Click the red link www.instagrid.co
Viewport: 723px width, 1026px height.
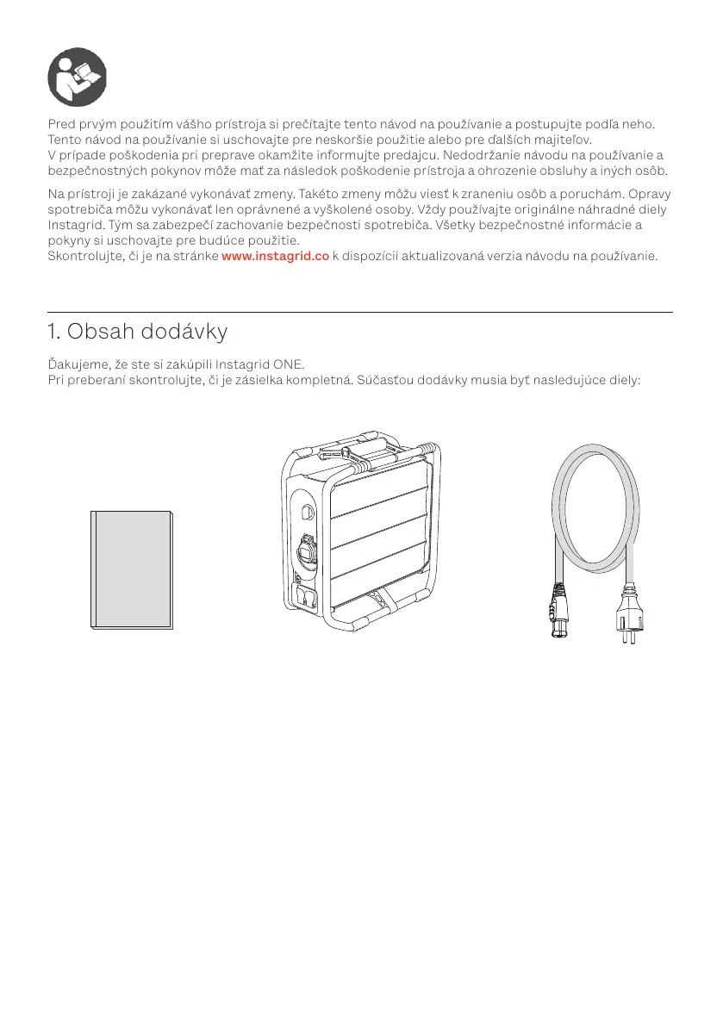click(275, 256)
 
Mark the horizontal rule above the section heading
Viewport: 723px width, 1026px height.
click(360, 312)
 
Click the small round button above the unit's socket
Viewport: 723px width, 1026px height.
click(307, 510)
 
